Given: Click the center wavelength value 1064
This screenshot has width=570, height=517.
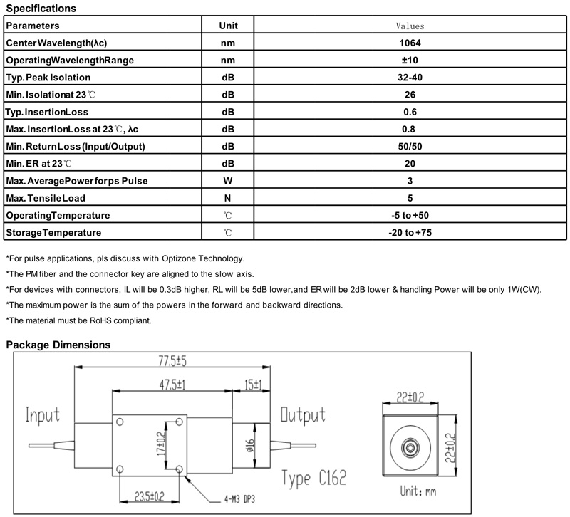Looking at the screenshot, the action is [410, 43].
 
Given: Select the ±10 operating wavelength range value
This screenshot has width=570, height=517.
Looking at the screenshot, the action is [410, 60].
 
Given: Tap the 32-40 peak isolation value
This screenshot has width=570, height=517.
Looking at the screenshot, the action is [410, 78].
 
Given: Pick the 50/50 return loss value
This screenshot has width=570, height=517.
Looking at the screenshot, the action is [410, 147].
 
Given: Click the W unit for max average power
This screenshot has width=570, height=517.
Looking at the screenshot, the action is [228, 181].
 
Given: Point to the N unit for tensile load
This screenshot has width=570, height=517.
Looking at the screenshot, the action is [227, 198].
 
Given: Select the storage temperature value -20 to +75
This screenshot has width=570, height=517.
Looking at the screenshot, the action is [410, 233].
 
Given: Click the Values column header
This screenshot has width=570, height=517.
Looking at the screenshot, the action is [410, 26].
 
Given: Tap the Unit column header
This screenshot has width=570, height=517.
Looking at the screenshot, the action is [228, 26].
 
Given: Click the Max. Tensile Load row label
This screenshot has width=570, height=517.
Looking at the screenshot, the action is [46, 198].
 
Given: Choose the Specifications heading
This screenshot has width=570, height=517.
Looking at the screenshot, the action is [41, 9].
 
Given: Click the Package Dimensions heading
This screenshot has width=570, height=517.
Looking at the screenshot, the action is [58, 345].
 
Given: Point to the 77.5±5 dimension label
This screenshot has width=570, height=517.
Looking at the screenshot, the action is [172, 361].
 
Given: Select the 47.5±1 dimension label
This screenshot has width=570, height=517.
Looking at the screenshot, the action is [172, 385].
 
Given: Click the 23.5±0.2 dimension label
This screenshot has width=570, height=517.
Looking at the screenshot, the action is [150, 496].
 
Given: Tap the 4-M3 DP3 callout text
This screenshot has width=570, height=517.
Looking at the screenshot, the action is [239, 499].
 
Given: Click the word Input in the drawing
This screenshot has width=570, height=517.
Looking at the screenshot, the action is [43, 415].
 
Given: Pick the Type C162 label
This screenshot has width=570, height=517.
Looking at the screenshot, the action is [314, 478].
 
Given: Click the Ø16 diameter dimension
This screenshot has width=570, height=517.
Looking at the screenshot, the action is [251, 446].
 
